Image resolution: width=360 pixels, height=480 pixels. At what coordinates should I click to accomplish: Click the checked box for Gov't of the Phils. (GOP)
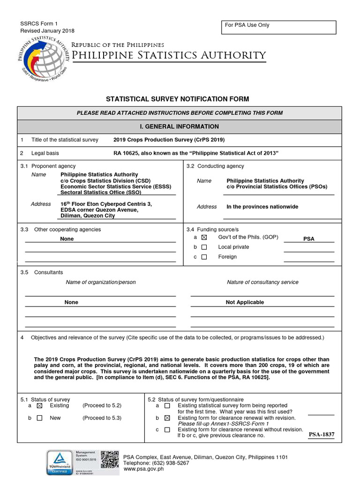pos(204,238)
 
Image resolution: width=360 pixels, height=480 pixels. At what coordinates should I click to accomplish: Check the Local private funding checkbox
pos(204,247)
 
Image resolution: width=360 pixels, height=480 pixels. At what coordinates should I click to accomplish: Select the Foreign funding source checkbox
pos(204,257)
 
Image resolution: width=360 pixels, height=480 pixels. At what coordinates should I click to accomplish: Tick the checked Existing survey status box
pos(39,406)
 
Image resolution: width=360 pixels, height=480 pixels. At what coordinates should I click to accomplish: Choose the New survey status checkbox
pos(39,418)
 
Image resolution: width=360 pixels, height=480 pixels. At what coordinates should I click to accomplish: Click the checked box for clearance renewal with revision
pos(167,418)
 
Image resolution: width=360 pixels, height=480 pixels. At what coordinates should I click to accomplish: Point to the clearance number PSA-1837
pos(321,435)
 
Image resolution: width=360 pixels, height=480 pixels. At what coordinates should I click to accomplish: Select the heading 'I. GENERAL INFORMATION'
pos(180,127)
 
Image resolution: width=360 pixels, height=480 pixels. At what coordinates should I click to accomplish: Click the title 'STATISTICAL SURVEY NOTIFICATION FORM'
pos(177,99)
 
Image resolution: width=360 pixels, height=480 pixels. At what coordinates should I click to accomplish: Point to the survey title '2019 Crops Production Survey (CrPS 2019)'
pos(169,140)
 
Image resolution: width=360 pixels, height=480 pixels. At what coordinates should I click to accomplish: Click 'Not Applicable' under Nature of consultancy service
pos(245,302)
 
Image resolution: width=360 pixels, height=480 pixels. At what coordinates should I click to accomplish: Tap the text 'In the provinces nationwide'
pos(262,207)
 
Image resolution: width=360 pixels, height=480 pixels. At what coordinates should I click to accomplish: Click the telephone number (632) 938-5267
pos(169,463)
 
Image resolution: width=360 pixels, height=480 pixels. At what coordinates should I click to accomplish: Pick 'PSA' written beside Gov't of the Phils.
pos(308,239)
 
